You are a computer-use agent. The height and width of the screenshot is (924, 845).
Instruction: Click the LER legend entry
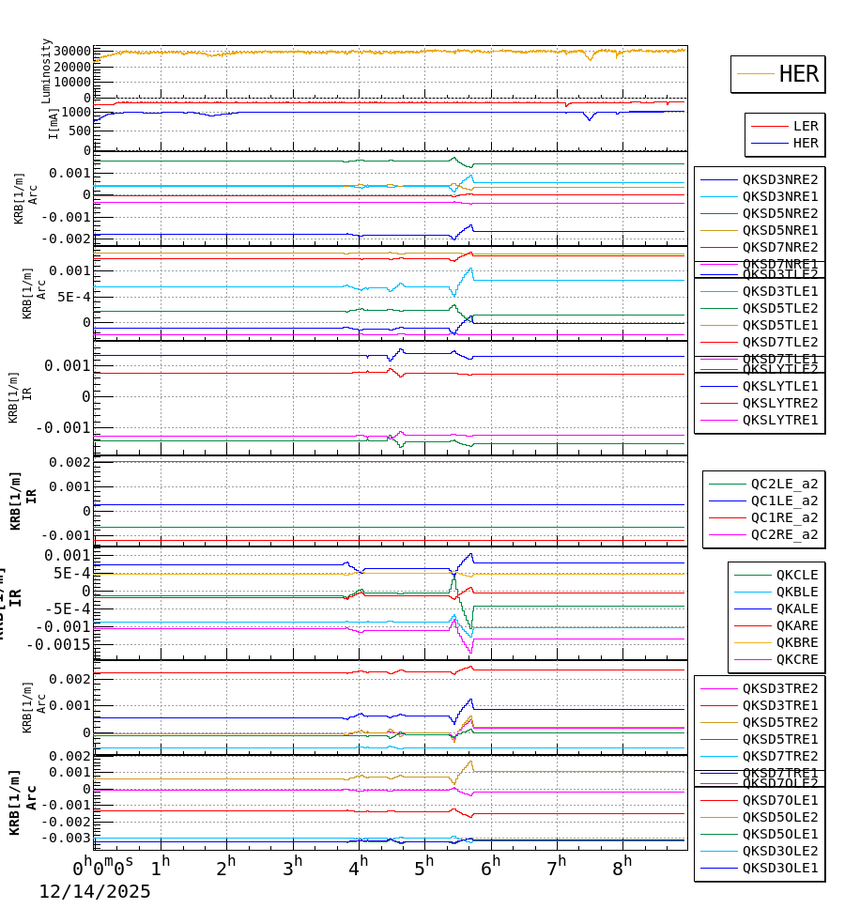[805, 126]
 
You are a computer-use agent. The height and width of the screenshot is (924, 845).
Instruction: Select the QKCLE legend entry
[796, 575]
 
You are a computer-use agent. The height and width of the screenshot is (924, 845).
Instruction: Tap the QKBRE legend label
[796, 642]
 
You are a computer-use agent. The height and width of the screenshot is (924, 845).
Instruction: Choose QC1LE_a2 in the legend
[784, 500]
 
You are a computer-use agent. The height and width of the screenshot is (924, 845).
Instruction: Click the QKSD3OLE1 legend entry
[779, 868]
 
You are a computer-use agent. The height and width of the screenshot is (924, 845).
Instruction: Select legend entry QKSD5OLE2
[779, 817]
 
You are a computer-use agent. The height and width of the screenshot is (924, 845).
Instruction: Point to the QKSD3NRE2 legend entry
[779, 179]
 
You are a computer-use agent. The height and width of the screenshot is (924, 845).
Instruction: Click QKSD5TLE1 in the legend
[779, 325]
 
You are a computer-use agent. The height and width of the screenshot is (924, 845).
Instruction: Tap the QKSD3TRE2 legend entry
[779, 688]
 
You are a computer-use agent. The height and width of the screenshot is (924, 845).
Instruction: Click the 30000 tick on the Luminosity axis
[71, 52]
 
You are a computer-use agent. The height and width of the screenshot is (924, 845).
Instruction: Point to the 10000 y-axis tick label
[71, 82]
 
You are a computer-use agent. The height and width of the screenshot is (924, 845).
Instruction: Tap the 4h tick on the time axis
[359, 865]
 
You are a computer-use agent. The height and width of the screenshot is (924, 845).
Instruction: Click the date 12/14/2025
[94, 892]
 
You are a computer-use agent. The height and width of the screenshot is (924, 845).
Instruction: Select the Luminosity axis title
[46, 70]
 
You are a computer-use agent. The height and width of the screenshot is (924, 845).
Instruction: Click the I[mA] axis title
[54, 123]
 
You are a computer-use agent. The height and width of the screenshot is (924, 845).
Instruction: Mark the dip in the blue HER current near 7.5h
[590, 119]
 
